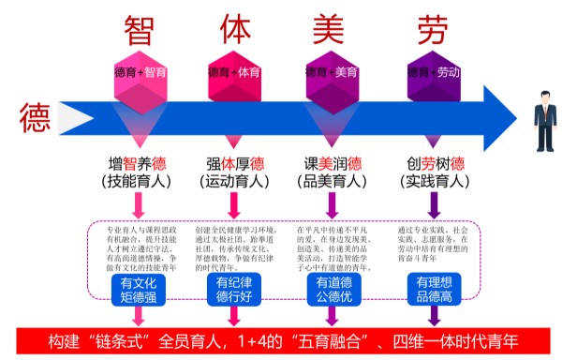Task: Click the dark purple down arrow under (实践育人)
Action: pos(434,205)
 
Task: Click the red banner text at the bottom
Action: pos(281,338)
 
